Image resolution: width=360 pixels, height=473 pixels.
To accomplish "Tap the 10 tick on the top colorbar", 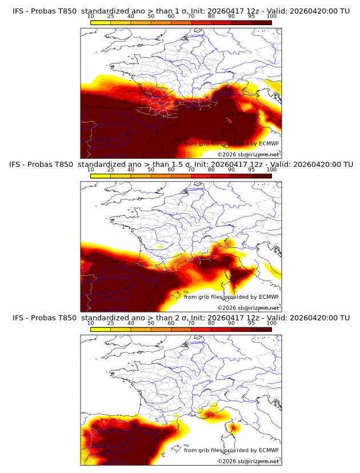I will (x=91, y=16).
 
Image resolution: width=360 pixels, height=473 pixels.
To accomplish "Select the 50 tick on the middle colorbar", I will (x=151, y=170).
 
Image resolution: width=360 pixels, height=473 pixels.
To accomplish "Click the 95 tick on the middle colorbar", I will (x=251, y=170).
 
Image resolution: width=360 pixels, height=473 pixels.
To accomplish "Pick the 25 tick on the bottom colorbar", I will (x=111, y=323).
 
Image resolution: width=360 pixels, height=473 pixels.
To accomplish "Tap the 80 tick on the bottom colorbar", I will (x=211, y=323).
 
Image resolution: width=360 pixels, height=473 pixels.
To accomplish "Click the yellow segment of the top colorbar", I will (x=101, y=22).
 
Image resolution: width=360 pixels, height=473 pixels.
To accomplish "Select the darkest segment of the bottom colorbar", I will (x=262, y=329).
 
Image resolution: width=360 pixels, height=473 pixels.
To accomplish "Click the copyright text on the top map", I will (x=248, y=155).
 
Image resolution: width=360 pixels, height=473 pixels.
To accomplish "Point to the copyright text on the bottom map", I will (x=248, y=462).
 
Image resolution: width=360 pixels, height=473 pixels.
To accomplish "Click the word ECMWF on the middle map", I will (x=269, y=296).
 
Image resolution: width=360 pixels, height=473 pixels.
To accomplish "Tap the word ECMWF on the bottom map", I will (x=269, y=450).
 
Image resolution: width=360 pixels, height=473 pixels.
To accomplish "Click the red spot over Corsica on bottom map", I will (x=233, y=427).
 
